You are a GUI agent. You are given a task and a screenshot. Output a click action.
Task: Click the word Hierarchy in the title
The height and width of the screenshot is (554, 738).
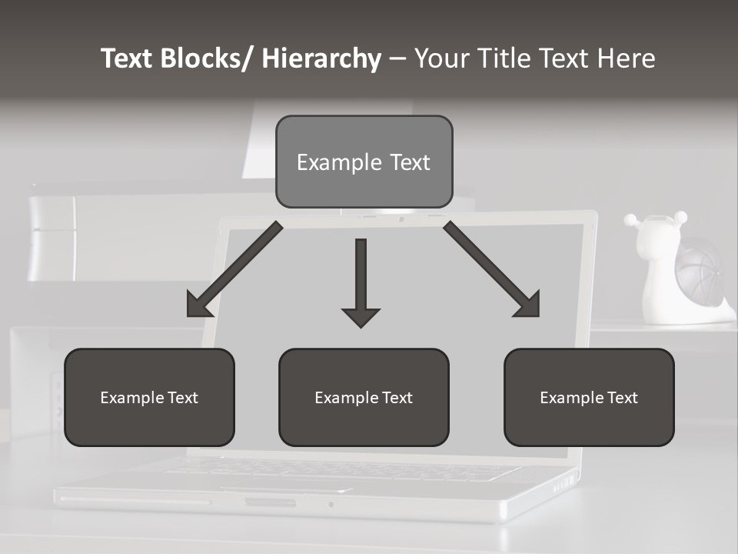click(x=321, y=59)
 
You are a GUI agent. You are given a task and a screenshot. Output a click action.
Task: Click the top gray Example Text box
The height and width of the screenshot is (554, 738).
click(x=364, y=162)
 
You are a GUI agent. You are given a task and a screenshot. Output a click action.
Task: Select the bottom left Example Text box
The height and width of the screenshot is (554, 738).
click(x=149, y=397)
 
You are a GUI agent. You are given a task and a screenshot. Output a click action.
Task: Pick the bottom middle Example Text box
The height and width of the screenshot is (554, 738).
click(x=364, y=397)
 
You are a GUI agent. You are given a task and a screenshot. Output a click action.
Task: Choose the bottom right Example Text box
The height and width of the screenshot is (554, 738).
click(x=589, y=397)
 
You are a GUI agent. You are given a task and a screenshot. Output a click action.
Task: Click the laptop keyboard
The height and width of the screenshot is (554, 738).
click(x=338, y=469)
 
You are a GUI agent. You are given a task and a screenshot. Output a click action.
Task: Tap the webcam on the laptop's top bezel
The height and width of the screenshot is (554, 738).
click(x=401, y=219)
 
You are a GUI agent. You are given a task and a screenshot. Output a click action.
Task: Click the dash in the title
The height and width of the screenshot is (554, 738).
click(x=397, y=59)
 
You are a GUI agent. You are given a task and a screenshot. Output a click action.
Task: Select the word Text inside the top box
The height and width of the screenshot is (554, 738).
click(x=410, y=162)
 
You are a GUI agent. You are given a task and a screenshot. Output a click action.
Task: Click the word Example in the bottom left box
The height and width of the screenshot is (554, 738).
click(x=131, y=398)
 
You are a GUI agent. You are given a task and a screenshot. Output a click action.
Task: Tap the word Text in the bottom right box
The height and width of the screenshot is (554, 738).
click(x=621, y=398)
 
